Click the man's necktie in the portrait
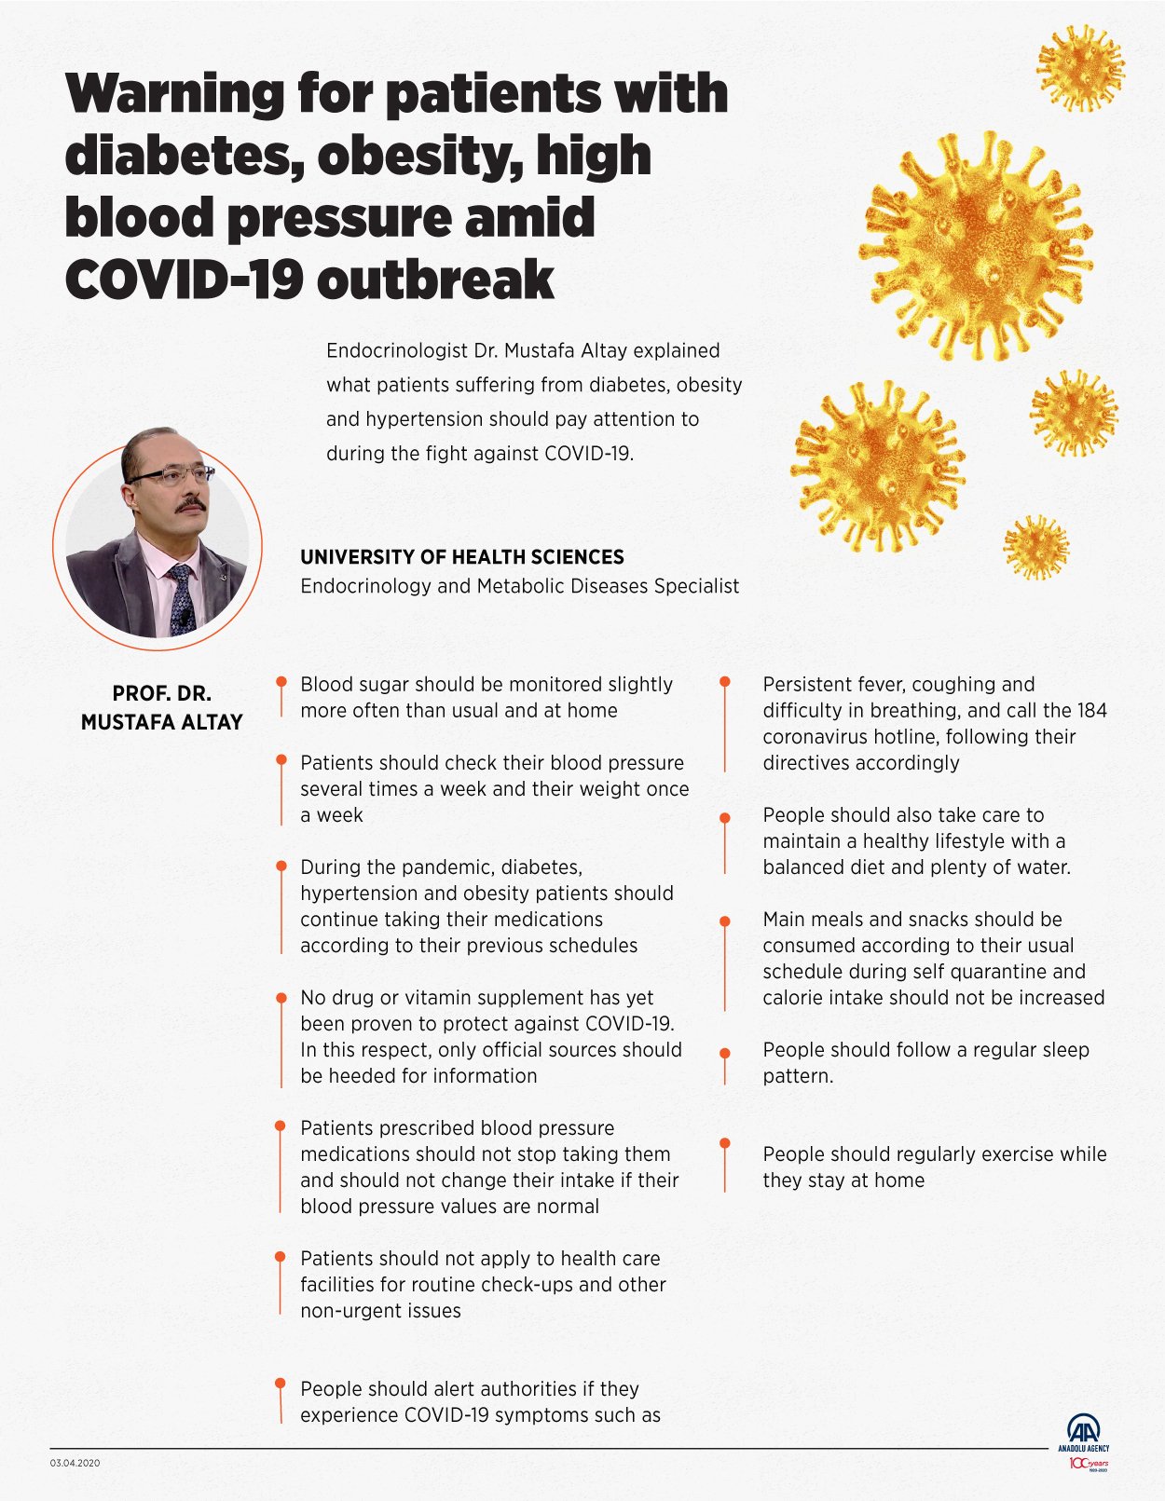(181, 596)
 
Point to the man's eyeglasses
(173, 476)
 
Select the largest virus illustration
(976, 245)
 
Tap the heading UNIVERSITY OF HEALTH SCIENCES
(462, 557)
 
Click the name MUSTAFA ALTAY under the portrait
(161, 722)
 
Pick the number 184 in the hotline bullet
(1090, 710)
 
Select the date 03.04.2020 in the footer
(75, 1463)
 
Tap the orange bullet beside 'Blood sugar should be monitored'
(281, 682)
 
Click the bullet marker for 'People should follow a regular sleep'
(725, 1053)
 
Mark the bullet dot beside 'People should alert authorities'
(281, 1385)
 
